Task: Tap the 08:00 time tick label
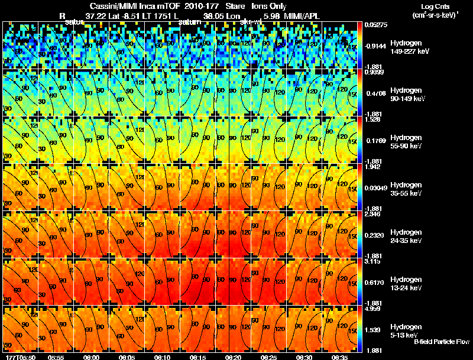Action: (x=92, y=357)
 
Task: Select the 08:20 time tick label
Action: (x=234, y=357)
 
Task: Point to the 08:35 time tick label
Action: (x=340, y=357)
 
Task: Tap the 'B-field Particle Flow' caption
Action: (x=441, y=342)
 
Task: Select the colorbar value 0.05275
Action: (x=374, y=24)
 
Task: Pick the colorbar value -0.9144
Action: (x=374, y=46)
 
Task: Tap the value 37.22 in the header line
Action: (x=95, y=15)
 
